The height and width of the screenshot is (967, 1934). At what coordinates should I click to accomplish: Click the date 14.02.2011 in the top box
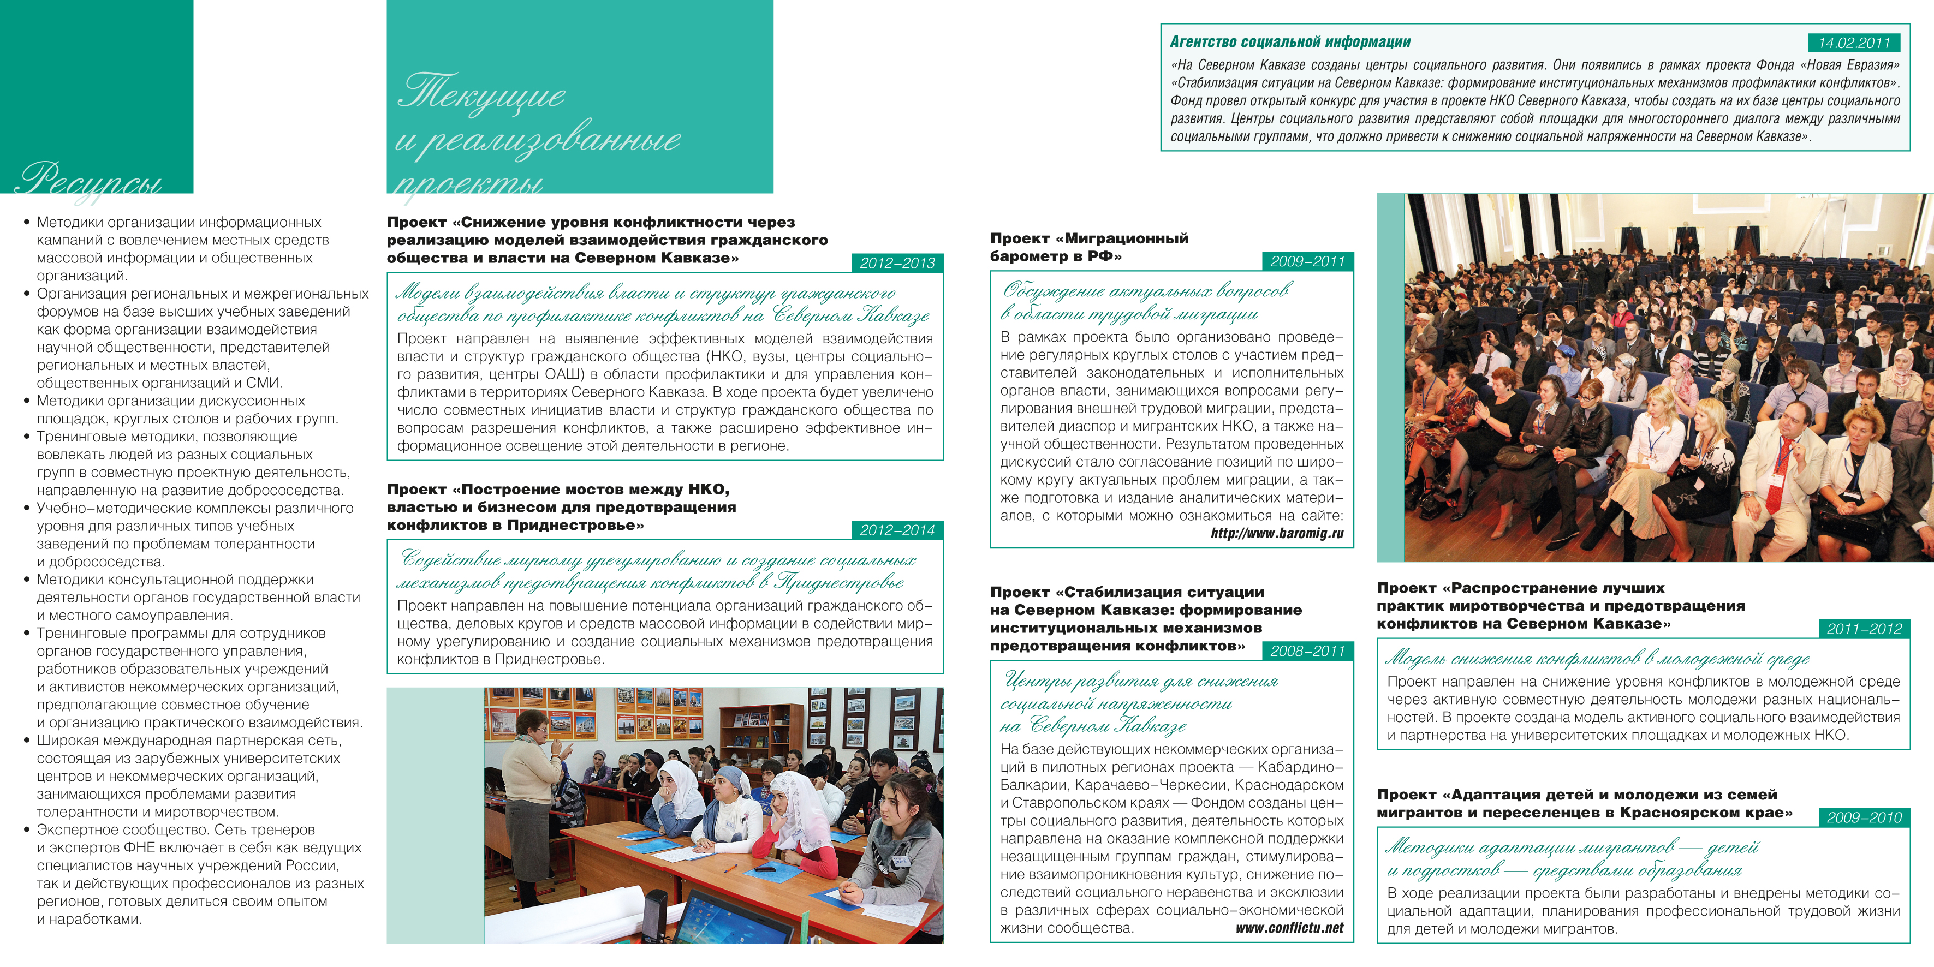[1854, 43]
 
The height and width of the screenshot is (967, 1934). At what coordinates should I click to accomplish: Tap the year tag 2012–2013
[897, 263]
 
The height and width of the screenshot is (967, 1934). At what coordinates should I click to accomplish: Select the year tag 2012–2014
[897, 530]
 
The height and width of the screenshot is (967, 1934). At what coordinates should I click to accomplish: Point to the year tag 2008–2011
[1308, 651]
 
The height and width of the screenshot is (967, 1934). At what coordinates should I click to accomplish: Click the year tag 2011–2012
[1864, 629]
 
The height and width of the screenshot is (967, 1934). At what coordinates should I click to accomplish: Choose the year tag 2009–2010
[1864, 817]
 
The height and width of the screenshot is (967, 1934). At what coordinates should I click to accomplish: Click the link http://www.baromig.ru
[1276, 534]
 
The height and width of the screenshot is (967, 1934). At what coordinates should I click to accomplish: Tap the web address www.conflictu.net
[1289, 928]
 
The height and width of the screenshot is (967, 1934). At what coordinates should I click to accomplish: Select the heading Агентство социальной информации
[1290, 43]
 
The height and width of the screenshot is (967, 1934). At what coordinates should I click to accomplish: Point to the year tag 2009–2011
[1308, 261]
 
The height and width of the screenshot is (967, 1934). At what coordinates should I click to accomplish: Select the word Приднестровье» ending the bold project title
[575, 526]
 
